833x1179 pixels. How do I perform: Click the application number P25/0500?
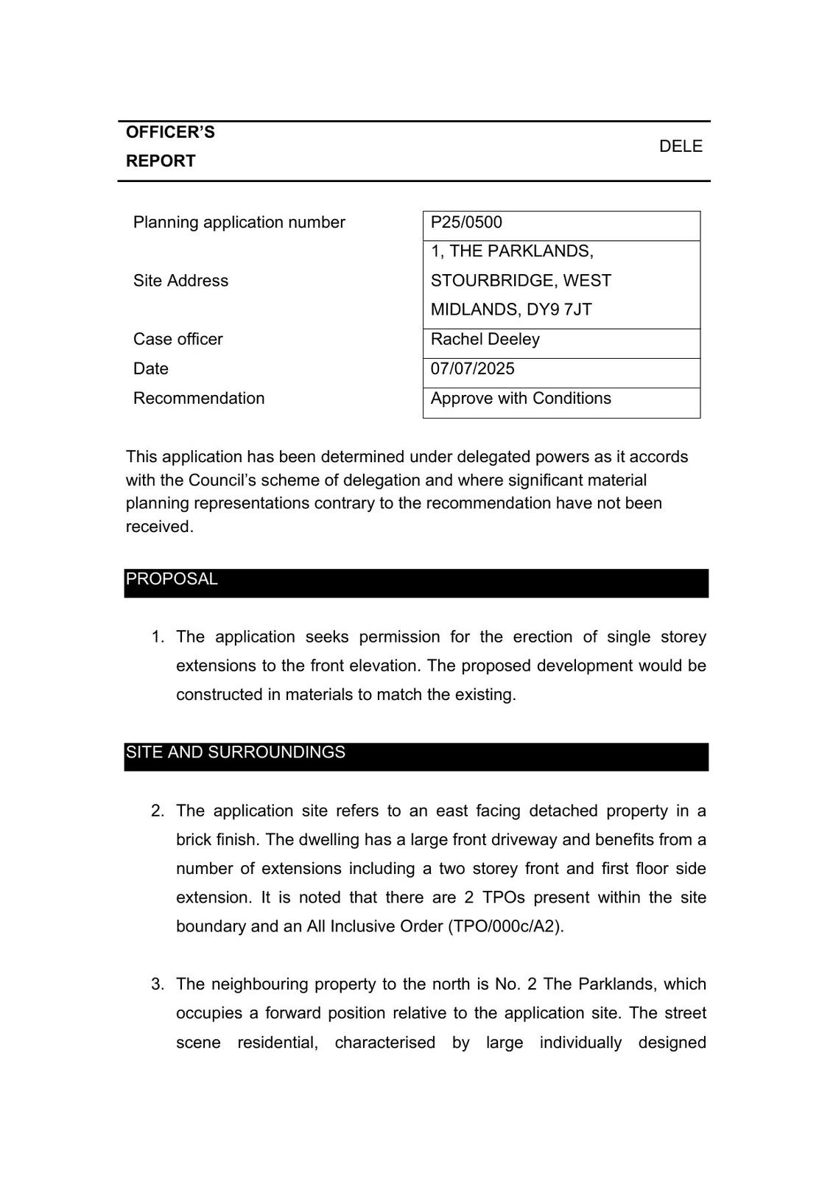[x=466, y=223]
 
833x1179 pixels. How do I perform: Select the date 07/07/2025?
[x=472, y=368]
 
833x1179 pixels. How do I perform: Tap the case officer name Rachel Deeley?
[x=485, y=339]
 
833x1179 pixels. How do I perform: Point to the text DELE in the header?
[x=681, y=147]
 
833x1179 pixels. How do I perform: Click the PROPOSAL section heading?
[x=172, y=579]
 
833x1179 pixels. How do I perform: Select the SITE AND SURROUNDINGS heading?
[x=235, y=752]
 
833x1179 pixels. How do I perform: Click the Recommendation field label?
[x=199, y=398]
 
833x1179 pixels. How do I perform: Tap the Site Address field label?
[x=180, y=281]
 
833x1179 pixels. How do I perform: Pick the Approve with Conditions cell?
[x=521, y=398]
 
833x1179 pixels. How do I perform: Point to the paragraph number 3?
[x=157, y=984]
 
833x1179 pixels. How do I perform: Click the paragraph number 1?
[x=157, y=637]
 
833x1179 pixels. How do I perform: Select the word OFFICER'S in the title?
[x=170, y=133]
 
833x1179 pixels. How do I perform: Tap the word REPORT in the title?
[x=161, y=161]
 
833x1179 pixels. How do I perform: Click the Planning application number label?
[x=239, y=223]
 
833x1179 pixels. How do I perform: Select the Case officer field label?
[x=178, y=339]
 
